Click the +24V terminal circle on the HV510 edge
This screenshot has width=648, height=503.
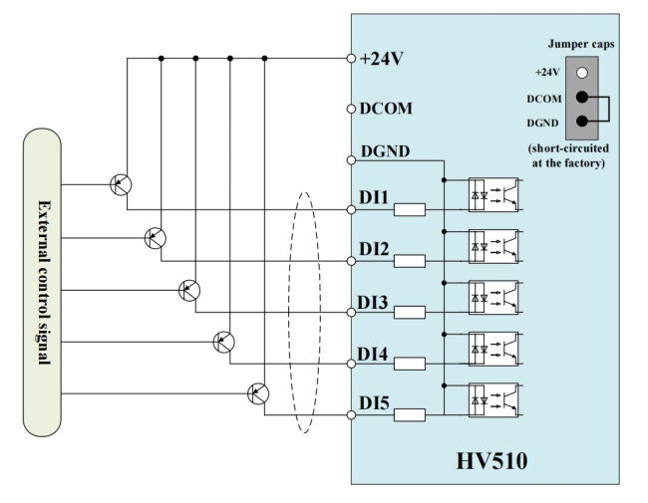(351, 59)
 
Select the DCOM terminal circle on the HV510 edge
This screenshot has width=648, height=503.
(351, 109)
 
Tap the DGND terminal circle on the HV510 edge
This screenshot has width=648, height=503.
(351, 160)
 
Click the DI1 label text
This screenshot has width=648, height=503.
(374, 197)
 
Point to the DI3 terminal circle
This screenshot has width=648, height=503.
(351, 312)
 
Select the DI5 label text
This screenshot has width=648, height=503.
(374, 403)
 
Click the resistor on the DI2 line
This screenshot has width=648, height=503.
(410, 261)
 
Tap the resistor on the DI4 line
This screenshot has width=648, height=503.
(410, 364)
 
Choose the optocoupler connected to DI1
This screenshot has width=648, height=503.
(493, 194)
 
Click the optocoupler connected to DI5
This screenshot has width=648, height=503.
(493, 399)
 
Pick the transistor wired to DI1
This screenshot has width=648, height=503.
(121, 184)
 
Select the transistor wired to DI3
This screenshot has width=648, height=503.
(189, 290)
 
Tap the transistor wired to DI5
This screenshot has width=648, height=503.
(258, 393)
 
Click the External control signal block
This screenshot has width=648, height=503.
(42, 283)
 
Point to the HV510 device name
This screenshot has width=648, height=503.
(491, 461)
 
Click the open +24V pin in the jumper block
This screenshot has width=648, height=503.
(582, 73)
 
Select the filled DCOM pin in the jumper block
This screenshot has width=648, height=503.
(582, 97)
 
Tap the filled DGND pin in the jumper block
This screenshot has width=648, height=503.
(582, 121)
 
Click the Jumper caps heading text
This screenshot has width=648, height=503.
(581, 44)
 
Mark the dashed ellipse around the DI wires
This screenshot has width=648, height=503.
(288, 313)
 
